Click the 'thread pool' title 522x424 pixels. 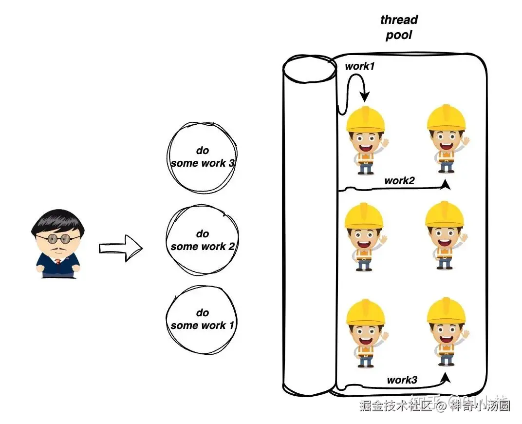coord(399,28)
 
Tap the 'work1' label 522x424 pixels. coord(360,66)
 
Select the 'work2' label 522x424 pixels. coord(399,181)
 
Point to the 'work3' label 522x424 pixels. coord(402,380)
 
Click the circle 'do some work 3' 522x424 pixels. coord(203,156)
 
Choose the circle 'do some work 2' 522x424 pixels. coord(203,240)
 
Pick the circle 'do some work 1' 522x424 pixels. coord(202,319)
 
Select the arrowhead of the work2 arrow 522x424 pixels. coord(446,185)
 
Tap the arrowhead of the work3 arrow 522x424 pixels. coord(446,377)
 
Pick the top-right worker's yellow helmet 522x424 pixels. coord(446,117)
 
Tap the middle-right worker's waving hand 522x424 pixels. coord(463,238)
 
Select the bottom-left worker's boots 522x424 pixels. coord(365,364)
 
